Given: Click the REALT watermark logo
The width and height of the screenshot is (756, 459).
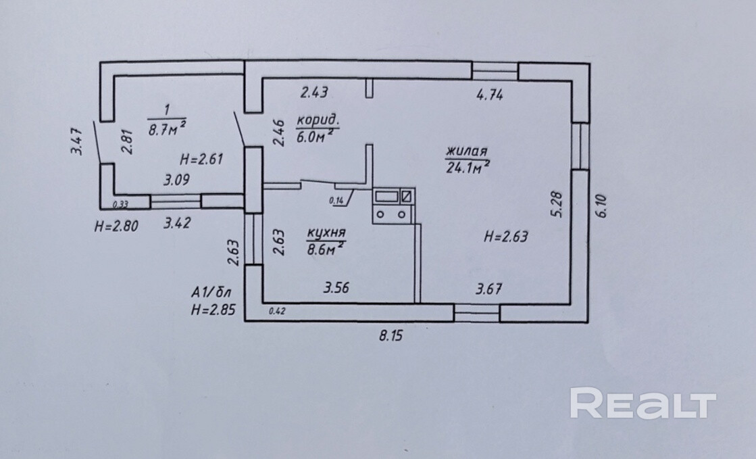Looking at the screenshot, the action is click(x=642, y=404).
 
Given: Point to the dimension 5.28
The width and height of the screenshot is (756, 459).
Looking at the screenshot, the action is click(x=556, y=203).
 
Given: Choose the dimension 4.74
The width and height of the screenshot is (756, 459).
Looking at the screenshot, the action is click(x=490, y=95).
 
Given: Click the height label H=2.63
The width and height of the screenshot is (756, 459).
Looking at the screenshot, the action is click(x=506, y=237).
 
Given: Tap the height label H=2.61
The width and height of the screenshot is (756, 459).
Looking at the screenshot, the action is click(x=202, y=160).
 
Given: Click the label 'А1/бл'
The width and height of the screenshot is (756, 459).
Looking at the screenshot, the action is click(x=212, y=293).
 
